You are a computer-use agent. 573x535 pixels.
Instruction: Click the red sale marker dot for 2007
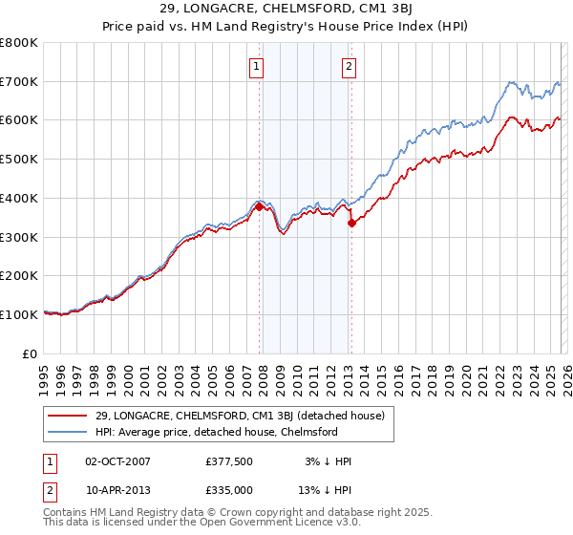(x=259, y=206)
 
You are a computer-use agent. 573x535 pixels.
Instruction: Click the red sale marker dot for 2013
(x=351, y=223)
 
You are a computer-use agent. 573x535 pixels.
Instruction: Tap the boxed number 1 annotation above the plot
(x=258, y=67)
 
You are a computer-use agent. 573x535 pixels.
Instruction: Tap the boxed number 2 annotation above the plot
(x=350, y=67)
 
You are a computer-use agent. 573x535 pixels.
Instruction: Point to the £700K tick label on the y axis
(x=19, y=82)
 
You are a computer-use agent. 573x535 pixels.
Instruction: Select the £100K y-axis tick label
(x=19, y=314)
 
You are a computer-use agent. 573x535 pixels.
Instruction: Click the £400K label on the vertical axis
(x=19, y=199)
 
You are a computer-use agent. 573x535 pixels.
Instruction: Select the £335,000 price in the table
(x=228, y=489)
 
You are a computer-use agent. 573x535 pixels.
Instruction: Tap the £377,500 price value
(x=228, y=461)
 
